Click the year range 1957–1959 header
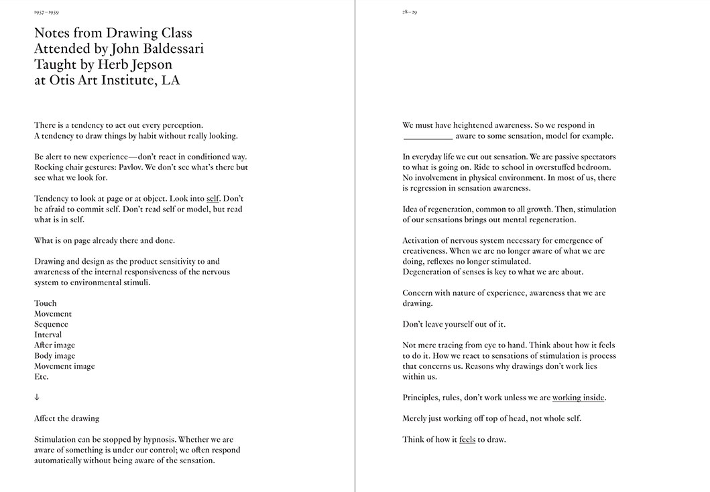[x=46, y=12]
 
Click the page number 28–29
[x=410, y=12]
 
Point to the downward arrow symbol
[x=37, y=397]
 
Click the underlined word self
[x=213, y=199]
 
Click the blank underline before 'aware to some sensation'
[x=428, y=136]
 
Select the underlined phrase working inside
[x=578, y=398]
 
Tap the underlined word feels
[x=467, y=440]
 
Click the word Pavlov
[x=127, y=167]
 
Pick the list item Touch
[x=46, y=303]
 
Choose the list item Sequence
[x=51, y=325]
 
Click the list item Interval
[x=48, y=335]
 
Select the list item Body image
[x=55, y=355]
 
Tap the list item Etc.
[x=42, y=377]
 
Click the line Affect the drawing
[x=66, y=418]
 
